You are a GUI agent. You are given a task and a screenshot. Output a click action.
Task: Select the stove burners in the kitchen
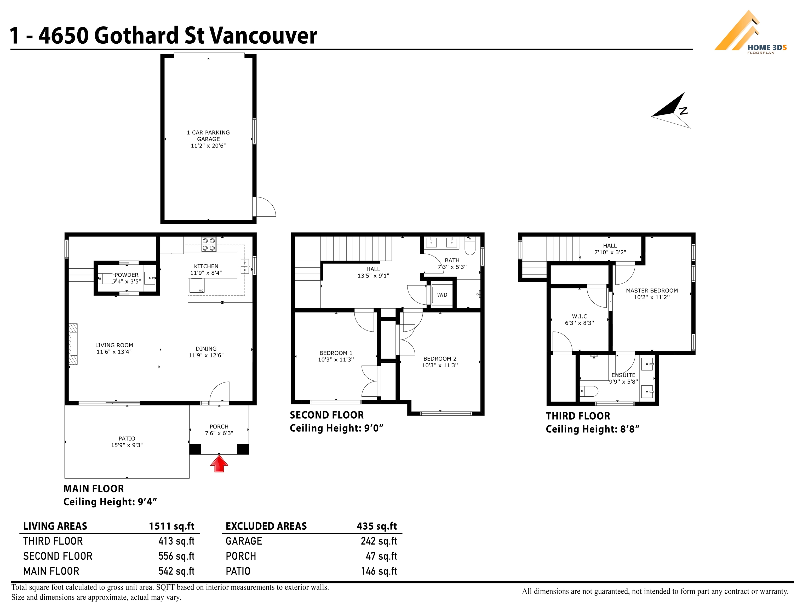pos(209,244)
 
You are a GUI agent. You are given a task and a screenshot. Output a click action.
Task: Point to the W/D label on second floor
pos(442,295)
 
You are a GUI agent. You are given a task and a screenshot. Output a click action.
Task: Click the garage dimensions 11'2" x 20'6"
pos(208,146)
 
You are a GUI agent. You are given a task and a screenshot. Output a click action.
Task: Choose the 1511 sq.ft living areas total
pos(172,526)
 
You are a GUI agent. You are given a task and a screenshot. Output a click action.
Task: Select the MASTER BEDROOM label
pos(652,291)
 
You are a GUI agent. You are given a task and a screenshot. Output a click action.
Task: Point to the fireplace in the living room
pos(73,344)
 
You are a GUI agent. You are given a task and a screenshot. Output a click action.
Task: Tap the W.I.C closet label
pos(580,316)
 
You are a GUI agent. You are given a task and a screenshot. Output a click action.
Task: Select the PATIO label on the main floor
pos(127,439)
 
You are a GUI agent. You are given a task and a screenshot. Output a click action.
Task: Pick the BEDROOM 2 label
pos(440,358)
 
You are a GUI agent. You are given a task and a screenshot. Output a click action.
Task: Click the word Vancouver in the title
pos(263,36)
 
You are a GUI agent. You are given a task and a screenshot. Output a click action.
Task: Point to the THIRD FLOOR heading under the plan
pos(578,416)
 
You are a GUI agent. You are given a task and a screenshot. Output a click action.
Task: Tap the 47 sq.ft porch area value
pos(382,556)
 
